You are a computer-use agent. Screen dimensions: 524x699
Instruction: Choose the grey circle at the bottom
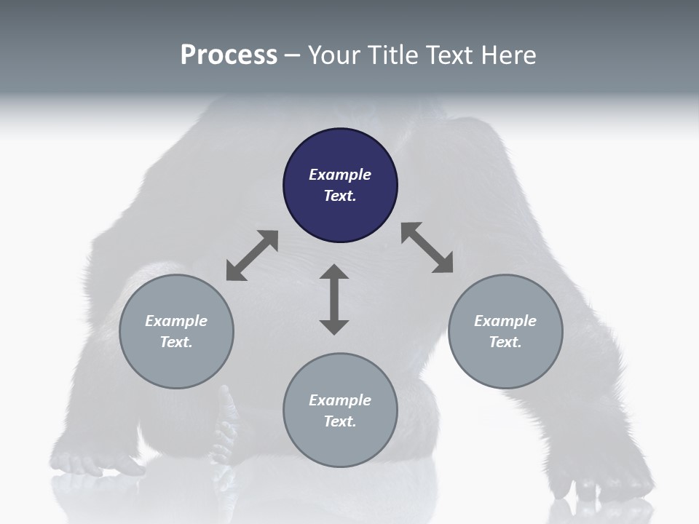pos(340,444)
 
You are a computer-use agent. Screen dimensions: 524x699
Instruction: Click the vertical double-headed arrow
pos(334,299)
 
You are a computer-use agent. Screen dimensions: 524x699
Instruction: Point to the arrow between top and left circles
pos(252,255)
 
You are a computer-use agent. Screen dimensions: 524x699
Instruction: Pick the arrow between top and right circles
pos(427,248)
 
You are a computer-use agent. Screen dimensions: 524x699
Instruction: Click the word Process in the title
pos(229,55)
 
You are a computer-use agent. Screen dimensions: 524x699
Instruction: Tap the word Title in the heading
pos(393,55)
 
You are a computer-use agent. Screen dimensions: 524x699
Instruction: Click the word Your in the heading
pos(335,55)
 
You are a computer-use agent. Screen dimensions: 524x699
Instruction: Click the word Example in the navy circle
pos(340,175)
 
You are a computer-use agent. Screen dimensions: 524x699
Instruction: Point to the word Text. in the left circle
pos(176,342)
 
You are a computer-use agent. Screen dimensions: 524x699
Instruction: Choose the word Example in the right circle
pos(505,321)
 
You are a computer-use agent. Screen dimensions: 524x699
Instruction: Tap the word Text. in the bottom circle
pos(340,421)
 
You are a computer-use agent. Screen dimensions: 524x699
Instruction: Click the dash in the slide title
pos(292,55)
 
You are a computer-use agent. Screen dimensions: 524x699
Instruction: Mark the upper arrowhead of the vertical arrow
pos(334,274)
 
